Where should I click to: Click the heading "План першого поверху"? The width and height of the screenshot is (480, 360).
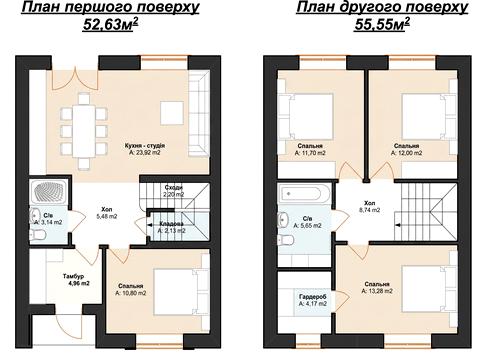tap(110, 7)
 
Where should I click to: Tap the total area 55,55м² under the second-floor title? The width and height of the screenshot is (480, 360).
tap(382, 24)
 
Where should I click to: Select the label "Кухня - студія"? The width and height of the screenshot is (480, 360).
tap(145, 146)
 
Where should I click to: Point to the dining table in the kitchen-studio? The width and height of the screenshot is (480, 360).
tap(84, 130)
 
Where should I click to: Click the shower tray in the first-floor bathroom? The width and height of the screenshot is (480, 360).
tap(48, 192)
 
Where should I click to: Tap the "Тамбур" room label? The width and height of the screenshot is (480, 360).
tap(73, 276)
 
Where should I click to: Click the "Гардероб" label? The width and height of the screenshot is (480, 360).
tap(312, 296)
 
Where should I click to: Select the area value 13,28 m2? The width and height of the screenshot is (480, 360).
tap(377, 291)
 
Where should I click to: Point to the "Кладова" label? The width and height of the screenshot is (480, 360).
tap(172, 223)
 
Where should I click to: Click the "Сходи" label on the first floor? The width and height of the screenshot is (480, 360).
tap(174, 188)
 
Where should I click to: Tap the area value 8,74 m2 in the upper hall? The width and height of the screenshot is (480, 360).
tap(370, 210)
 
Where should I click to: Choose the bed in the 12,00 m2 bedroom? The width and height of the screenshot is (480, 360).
tap(428, 116)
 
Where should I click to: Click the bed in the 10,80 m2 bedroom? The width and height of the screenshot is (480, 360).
tap(180, 292)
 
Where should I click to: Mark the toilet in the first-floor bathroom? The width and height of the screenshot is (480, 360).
tap(38, 235)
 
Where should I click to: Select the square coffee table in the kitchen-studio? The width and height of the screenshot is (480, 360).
tap(172, 113)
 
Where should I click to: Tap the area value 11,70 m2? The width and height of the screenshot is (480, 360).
tap(310, 153)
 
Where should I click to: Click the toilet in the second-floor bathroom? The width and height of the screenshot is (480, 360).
tap(285, 239)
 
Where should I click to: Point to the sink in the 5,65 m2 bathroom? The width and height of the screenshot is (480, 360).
tap(284, 219)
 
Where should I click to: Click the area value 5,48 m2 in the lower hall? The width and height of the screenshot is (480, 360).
tap(107, 216)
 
